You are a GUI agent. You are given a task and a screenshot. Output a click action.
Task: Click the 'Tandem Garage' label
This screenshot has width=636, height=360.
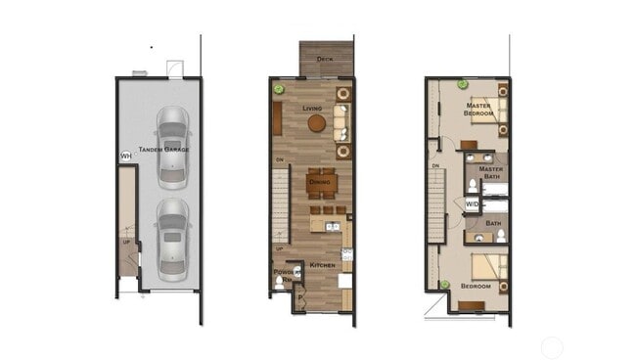[x=163, y=150]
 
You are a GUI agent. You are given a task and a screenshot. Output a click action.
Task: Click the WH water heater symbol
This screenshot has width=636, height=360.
[x=125, y=157]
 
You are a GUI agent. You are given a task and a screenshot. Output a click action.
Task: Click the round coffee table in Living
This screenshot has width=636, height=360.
[x=316, y=123]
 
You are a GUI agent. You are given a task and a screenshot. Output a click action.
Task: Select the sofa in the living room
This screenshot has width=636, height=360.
[x=341, y=122]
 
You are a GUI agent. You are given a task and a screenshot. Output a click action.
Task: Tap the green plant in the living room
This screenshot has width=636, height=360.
[x=279, y=89]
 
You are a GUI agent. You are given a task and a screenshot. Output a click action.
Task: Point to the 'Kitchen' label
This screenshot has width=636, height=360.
[x=323, y=265]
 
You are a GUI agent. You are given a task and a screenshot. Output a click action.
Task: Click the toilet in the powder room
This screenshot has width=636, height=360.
[x=280, y=283]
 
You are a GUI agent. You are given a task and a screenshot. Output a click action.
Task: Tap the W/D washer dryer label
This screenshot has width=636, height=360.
[x=472, y=204]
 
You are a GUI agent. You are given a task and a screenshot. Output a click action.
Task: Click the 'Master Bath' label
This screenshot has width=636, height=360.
[x=492, y=172]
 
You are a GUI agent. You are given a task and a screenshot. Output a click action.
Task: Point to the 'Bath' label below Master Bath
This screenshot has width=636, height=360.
[x=493, y=223]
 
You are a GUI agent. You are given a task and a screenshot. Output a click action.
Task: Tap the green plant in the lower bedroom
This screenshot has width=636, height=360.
[x=444, y=285]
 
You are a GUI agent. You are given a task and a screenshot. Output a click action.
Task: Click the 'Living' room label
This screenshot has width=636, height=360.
[x=312, y=108]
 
